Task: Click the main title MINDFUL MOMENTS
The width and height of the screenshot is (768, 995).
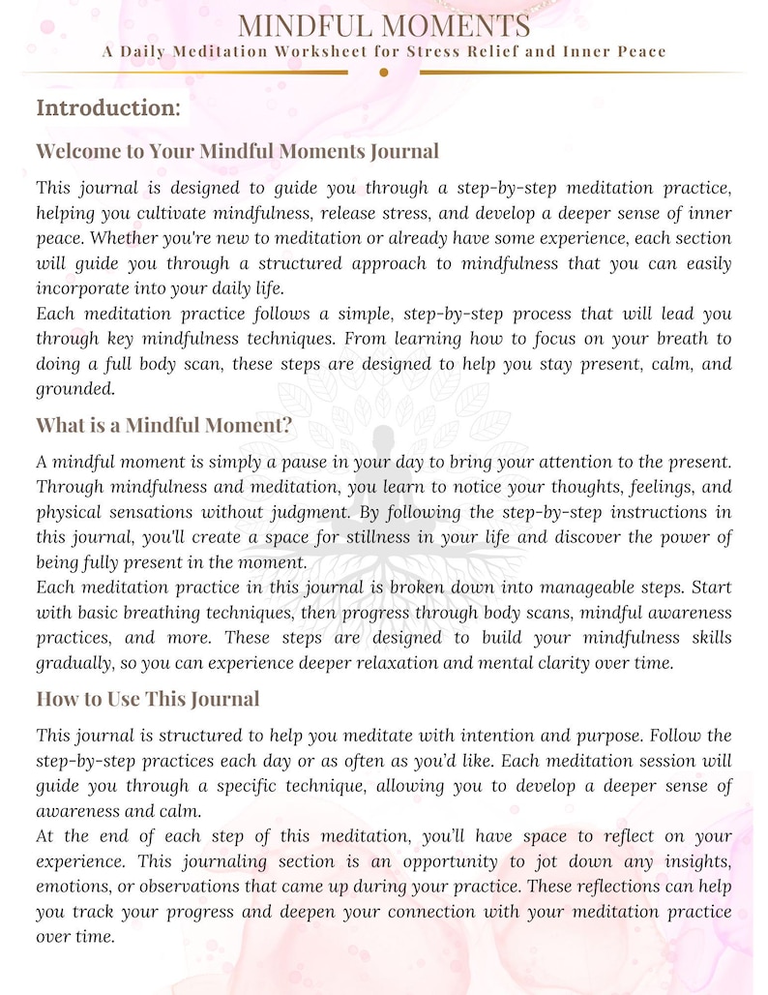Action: point(384,25)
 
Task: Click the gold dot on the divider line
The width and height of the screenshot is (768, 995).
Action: point(384,73)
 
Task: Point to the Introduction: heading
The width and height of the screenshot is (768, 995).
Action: point(108,107)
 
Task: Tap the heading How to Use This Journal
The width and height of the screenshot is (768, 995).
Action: point(148,699)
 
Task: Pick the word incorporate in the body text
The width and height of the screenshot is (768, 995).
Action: point(82,288)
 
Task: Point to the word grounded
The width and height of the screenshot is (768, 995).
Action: point(74,389)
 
